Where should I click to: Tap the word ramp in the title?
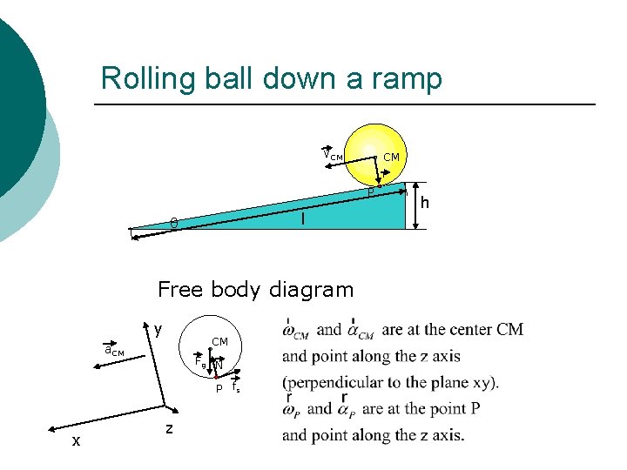pyautogui.click(x=404, y=78)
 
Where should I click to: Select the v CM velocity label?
pyautogui.click(x=333, y=155)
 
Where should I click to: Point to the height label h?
pyautogui.click(x=426, y=202)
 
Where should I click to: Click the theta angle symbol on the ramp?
pyautogui.click(x=173, y=225)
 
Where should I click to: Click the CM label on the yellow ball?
pyautogui.click(x=391, y=157)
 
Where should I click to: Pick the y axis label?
pyautogui.click(x=158, y=329)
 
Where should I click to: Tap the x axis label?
pyautogui.click(x=76, y=440)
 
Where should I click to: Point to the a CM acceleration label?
pyautogui.click(x=113, y=351)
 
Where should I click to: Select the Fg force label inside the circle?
pyautogui.click(x=200, y=362)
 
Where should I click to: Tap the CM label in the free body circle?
pyautogui.click(x=219, y=342)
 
